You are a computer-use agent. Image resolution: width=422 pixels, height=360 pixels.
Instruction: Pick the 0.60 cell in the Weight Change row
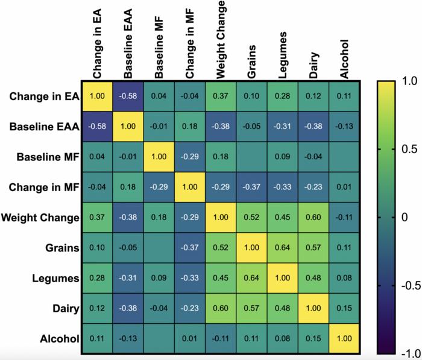coord(312,217)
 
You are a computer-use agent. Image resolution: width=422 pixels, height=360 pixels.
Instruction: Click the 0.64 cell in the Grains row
coord(282,247)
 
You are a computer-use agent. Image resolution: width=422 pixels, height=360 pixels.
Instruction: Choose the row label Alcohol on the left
coord(61,339)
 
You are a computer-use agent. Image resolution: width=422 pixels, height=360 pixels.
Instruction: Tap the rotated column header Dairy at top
coord(312,64)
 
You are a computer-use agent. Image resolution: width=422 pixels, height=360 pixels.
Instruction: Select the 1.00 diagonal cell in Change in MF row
coord(191,187)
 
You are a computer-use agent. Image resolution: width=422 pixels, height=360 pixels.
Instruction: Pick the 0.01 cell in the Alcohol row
coord(191,339)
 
